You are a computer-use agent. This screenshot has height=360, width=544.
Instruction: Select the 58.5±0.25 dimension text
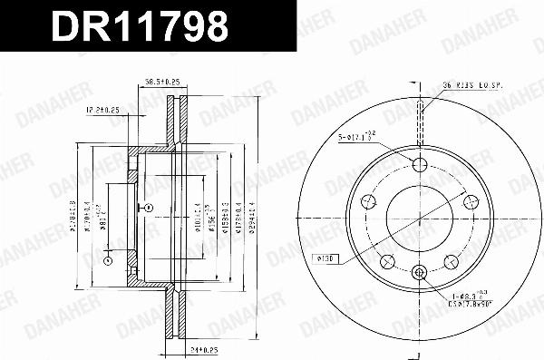163,83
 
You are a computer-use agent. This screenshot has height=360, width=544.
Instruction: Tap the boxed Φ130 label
326,259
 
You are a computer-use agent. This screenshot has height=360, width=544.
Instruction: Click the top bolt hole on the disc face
419,164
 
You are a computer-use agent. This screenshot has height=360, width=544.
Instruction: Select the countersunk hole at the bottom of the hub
419,272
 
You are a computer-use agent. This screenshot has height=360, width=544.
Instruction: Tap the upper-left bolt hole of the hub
368,202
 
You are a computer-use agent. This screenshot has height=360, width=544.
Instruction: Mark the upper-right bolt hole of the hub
470,202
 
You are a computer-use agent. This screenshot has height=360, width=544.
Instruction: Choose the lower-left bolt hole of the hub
387,262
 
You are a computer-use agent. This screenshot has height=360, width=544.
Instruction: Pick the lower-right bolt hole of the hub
451,262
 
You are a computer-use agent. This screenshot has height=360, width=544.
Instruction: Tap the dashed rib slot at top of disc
419,118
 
